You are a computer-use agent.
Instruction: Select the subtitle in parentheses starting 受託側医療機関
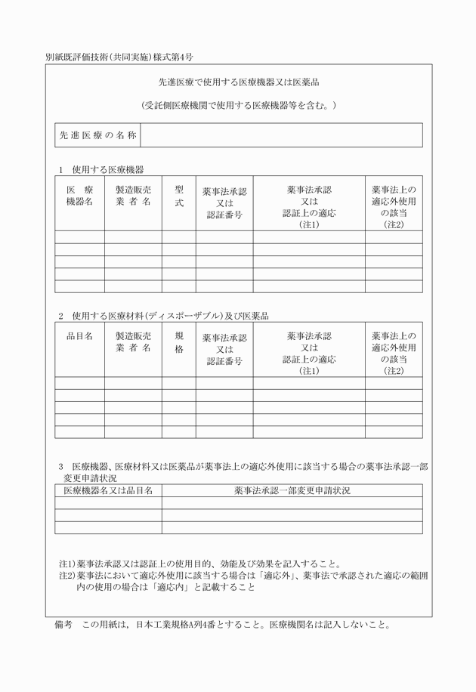239,105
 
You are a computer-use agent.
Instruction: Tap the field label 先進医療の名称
98,135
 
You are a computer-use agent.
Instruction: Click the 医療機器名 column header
79,196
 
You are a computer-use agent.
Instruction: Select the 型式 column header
179,196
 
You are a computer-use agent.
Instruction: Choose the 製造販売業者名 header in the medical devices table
133,196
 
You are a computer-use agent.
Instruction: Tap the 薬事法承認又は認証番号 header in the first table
224,203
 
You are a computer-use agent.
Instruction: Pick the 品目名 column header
79,336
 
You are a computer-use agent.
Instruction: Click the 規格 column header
179,342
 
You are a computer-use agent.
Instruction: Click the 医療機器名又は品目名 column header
108,490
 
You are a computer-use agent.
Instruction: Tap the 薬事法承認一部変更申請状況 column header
292,490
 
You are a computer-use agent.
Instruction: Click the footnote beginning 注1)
200,564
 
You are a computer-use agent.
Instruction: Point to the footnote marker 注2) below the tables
67,576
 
